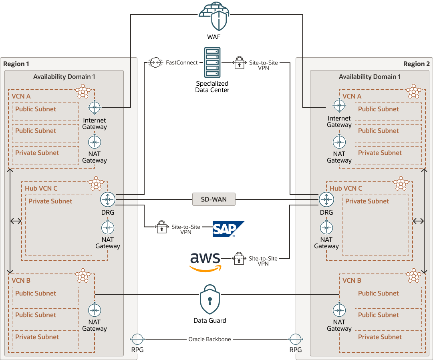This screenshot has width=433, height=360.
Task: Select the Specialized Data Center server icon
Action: (212, 63)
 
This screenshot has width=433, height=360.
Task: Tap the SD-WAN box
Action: (213, 199)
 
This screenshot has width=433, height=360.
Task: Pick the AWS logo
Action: (205, 262)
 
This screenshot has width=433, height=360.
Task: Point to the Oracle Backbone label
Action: (209, 339)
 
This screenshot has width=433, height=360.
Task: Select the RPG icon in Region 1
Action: (137, 339)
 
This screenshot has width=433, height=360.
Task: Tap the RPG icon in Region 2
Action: (296, 339)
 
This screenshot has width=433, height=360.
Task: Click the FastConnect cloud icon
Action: (155, 62)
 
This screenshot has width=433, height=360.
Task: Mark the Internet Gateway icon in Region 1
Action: (95, 107)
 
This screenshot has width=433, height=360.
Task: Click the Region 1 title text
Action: (16, 64)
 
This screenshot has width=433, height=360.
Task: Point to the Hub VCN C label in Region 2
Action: (346, 188)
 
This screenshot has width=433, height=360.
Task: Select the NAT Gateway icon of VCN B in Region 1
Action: (95, 310)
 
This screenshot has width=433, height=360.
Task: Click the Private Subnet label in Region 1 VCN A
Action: (37, 153)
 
